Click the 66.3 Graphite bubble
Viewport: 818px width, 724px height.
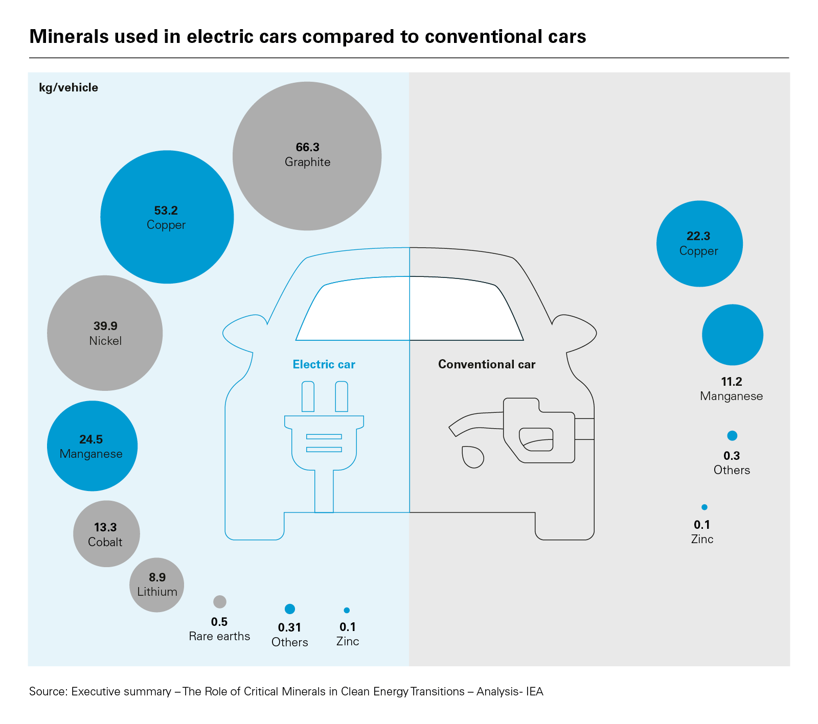click(x=307, y=156)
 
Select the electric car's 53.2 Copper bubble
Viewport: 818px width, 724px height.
click(x=167, y=217)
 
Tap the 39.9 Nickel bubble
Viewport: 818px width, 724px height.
click(x=105, y=333)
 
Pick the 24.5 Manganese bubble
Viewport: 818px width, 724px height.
click(x=92, y=446)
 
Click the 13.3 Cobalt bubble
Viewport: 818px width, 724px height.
click(x=106, y=533)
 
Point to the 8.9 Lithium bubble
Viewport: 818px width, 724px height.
click(x=156, y=585)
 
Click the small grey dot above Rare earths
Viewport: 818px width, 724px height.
click(x=220, y=601)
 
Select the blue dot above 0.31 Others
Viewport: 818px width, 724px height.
click(x=290, y=609)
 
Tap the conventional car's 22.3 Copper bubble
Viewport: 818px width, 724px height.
click(x=699, y=244)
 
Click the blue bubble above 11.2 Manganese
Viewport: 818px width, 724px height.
click(x=732, y=335)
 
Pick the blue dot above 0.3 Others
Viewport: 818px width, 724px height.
click(x=732, y=436)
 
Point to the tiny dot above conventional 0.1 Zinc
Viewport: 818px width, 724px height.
click(x=705, y=507)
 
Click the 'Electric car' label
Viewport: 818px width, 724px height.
click(x=324, y=364)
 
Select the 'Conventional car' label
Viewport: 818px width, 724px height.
click(x=487, y=364)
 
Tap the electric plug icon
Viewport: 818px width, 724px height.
click(x=324, y=445)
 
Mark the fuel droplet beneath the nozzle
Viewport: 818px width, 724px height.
click(x=472, y=457)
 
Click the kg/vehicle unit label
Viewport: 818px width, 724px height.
click(x=69, y=87)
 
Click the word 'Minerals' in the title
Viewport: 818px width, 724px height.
click(x=69, y=37)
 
